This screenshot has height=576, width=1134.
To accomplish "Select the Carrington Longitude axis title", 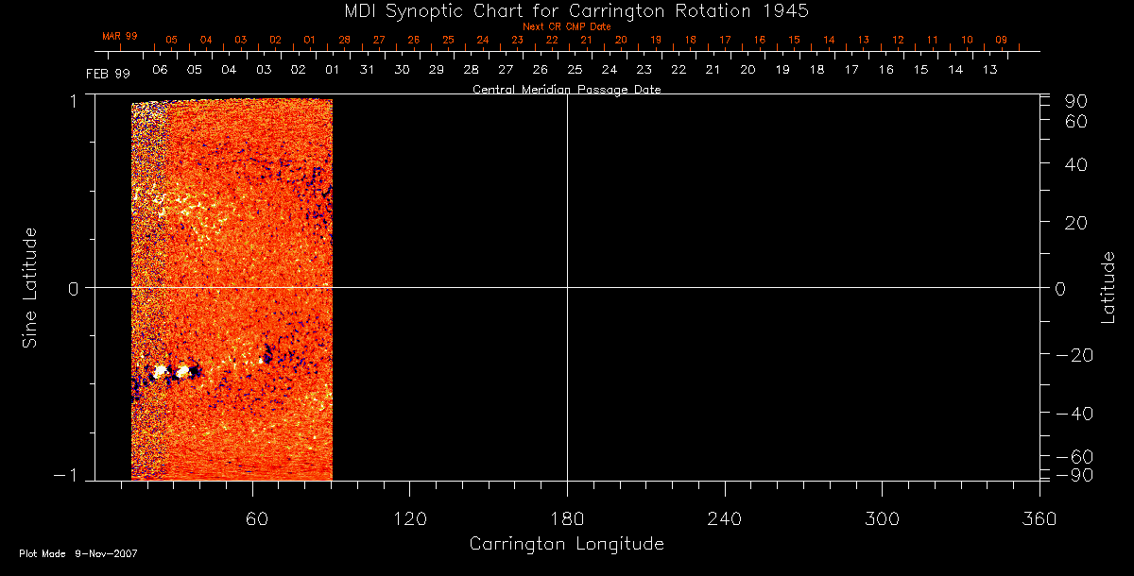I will coord(566,544).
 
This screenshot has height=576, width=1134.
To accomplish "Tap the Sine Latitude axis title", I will coord(29,287).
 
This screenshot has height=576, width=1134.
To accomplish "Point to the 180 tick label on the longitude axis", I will coord(567,518).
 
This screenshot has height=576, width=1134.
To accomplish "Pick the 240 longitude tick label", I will coord(724,518).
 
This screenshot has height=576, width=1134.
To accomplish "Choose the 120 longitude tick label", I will coord(409,518).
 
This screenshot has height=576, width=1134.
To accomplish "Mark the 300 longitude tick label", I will coord(882,518).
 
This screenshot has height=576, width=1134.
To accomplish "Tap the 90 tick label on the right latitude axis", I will coord(1077,101).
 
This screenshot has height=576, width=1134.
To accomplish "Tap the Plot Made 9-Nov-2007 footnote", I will coord(78,553).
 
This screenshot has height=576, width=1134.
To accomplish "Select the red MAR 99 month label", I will coord(120,36).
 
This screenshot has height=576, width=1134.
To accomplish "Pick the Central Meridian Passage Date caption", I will coord(566,90).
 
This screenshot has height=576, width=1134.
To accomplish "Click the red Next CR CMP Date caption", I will coord(566,26).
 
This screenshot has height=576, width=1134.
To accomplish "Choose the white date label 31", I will coord(367,70).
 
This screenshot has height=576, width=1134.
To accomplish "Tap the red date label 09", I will coord(1001,40).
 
